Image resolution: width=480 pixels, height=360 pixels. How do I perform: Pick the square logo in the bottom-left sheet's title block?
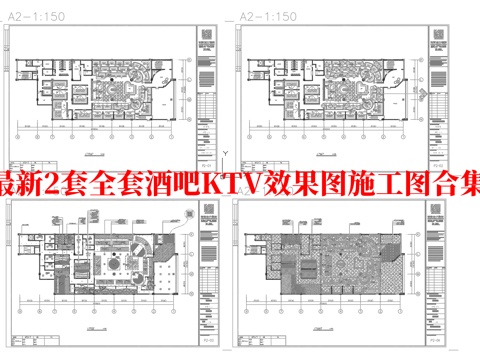click(x=207, y=221)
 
